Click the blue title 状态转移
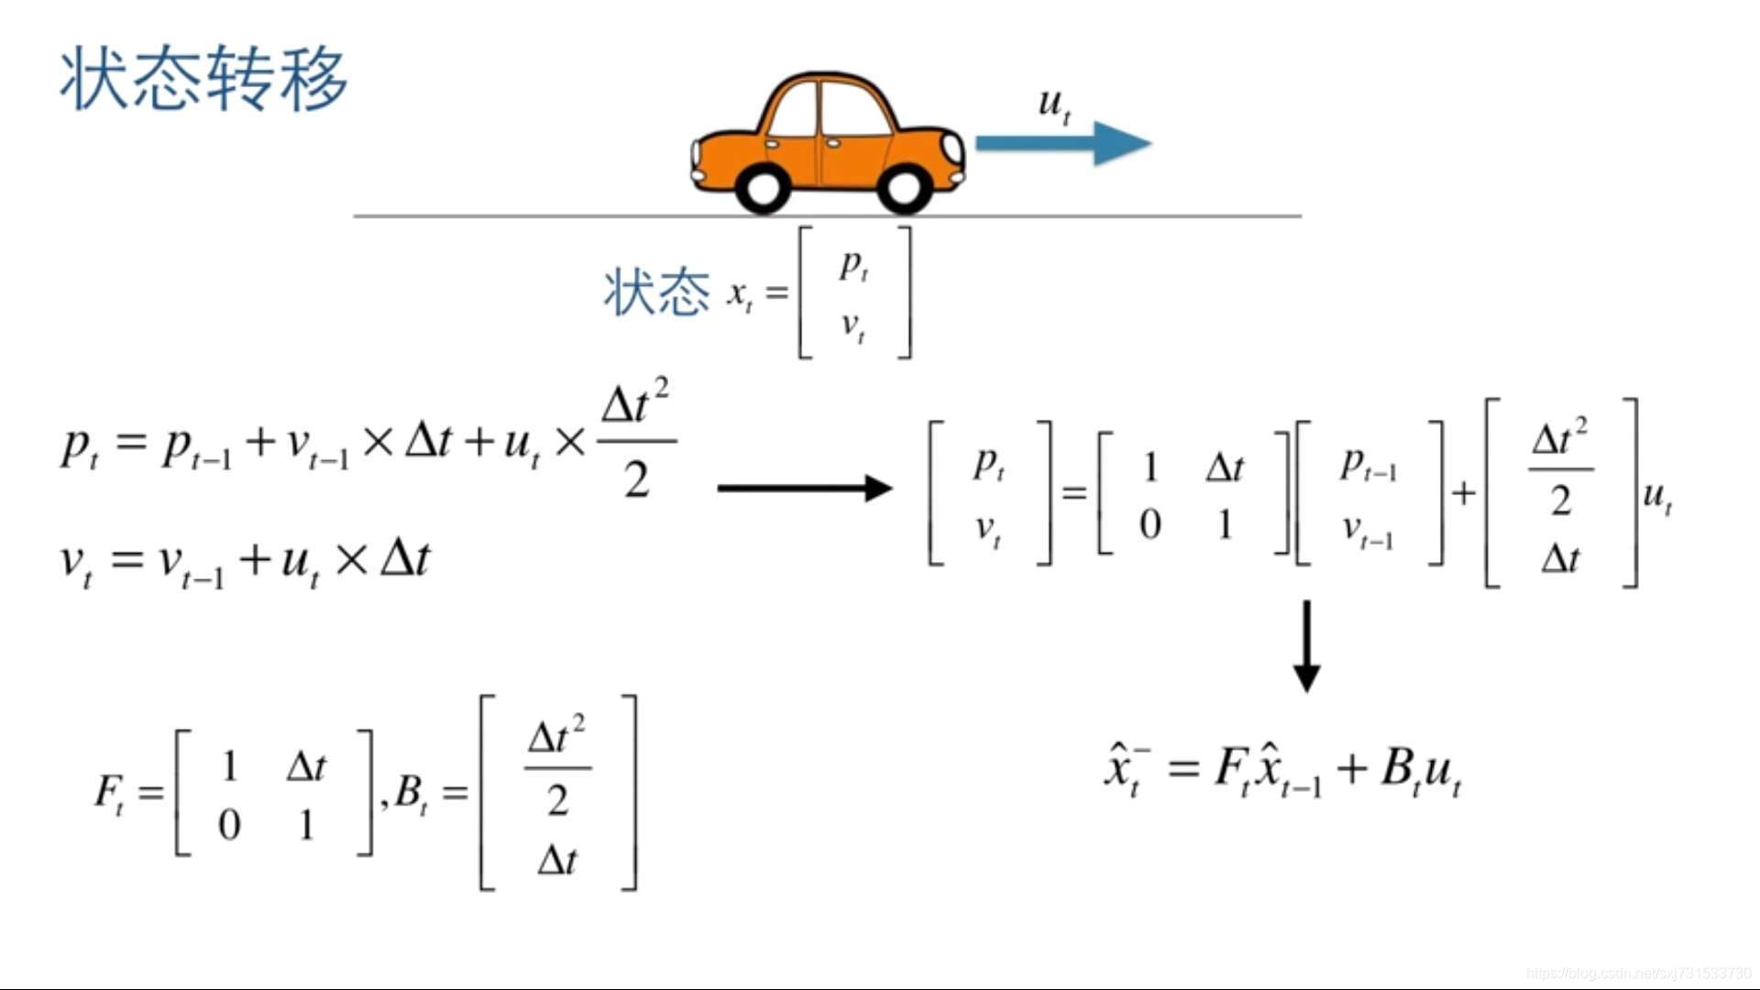203,79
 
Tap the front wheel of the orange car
904,187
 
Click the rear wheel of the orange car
762,188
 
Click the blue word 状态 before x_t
656,293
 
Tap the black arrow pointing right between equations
804,488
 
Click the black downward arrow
1306,645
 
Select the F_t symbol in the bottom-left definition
111,791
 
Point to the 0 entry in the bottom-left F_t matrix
229,825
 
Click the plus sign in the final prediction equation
1352,768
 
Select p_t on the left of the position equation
80,446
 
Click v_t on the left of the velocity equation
76,562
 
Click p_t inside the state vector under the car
853,266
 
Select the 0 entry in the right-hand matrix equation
1149,525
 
